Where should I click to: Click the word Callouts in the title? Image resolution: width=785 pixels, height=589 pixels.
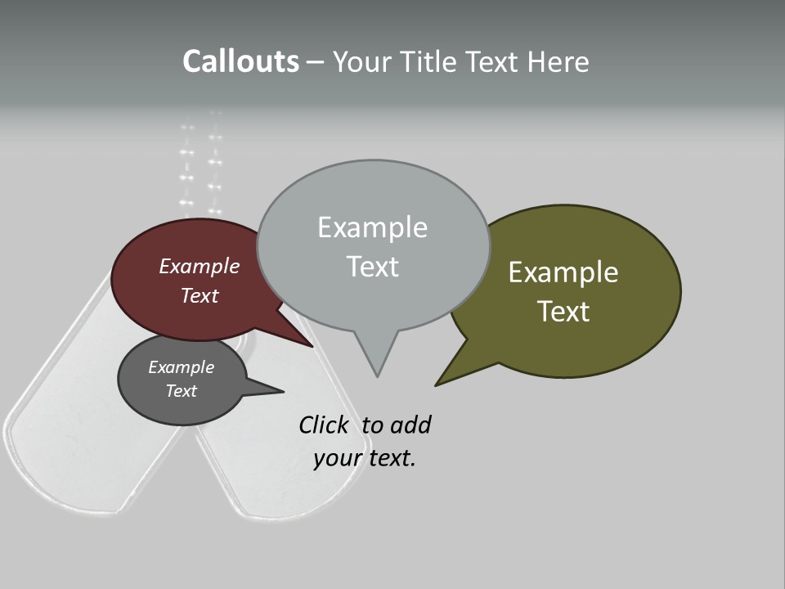(x=240, y=61)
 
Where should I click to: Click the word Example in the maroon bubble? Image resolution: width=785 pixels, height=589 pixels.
(x=199, y=266)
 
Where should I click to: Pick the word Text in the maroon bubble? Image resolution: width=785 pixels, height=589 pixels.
(x=199, y=295)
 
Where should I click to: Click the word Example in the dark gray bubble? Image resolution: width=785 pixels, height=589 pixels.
(x=181, y=367)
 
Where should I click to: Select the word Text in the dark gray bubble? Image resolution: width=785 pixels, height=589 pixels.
(x=181, y=391)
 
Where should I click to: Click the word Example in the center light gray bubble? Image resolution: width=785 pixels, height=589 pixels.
(x=372, y=227)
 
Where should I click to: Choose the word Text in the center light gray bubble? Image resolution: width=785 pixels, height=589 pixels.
(x=372, y=267)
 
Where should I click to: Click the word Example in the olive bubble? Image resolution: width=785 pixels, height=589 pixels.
(x=563, y=272)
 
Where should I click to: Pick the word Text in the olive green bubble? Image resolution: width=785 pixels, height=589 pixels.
(x=563, y=312)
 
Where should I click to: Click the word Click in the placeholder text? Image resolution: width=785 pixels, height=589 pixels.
(x=323, y=425)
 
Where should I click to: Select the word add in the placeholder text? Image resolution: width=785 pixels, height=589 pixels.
(x=410, y=425)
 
